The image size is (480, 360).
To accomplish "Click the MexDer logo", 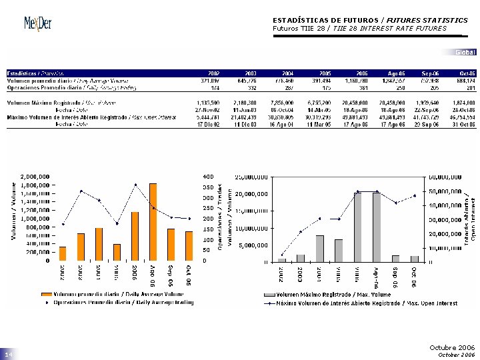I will (x=38, y=23).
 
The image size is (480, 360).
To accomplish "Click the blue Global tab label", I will (x=465, y=52).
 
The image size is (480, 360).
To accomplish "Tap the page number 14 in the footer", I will (x=10, y=354).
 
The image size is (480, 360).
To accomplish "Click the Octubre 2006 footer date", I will (x=452, y=348).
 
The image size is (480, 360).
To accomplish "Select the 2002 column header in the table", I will (x=214, y=72).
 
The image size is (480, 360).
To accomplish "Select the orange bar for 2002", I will (x=63, y=253).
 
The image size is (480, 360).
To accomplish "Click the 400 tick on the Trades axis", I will (x=207, y=176).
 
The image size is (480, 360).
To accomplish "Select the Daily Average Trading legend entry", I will (x=117, y=302).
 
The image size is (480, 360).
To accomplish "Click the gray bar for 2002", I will (x=282, y=260).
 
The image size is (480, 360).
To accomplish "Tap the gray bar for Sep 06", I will (x=395, y=258).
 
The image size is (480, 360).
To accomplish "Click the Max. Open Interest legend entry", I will (x=364, y=302).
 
